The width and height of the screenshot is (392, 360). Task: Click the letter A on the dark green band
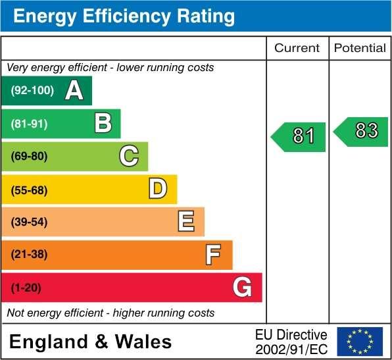[74, 91]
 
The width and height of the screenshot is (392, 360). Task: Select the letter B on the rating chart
[103, 123]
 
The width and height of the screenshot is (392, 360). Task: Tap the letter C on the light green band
[129, 156]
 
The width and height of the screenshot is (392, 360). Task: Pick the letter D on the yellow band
[158, 189]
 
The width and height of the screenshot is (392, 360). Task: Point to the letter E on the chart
[186, 222]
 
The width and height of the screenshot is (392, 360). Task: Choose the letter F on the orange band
[212, 254]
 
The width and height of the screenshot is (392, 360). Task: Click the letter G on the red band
[242, 287]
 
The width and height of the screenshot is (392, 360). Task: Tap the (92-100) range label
[32, 91]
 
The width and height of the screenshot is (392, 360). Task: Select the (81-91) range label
[30, 124]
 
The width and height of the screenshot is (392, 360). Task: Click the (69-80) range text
[30, 157]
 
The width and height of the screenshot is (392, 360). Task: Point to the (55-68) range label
[30, 190]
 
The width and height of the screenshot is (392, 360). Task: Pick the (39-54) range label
[30, 222]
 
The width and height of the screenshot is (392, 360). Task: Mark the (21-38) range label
[30, 255]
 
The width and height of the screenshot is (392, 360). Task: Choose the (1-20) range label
[26, 288]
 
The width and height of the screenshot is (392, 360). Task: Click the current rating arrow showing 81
[299, 136]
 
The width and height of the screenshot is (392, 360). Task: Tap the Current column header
[297, 48]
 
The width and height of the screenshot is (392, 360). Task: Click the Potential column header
[360, 48]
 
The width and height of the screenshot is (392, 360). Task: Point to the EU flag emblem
[360, 341]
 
